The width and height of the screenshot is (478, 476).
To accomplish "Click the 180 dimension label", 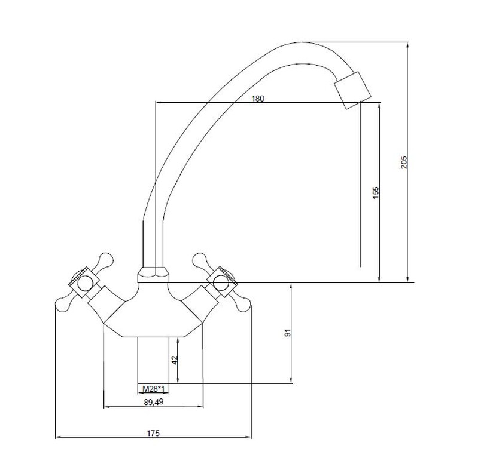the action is [x=258, y=99].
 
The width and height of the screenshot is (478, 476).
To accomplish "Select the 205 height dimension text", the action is [x=404, y=163].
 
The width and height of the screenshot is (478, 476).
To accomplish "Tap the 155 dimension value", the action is [x=376, y=193].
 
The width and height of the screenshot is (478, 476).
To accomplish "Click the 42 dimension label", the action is [x=174, y=360].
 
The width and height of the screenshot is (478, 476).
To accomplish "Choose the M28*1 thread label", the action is [x=154, y=389].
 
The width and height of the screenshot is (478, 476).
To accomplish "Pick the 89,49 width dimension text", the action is [x=153, y=402].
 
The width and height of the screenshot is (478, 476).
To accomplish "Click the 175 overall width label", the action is [x=153, y=433].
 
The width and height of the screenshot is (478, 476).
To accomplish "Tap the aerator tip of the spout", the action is [x=353, y=90].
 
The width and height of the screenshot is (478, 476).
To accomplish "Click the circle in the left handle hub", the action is [x=85, y=284].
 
